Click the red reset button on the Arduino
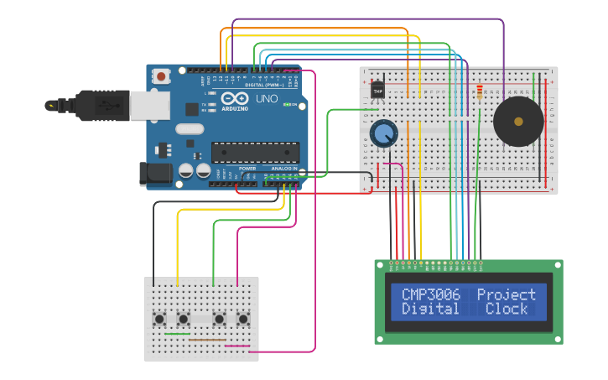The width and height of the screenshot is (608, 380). pyautogui.click(x=161, y=76)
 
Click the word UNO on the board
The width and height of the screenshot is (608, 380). pyautogui.click(x=266, y=99)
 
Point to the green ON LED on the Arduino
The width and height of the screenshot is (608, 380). pyautogui.click(x=288, y=105)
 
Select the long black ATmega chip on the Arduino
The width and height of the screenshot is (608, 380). pyautogui.click(x=255, y=153)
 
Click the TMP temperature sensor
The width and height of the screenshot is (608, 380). pyautogui.click(x=377, y=90)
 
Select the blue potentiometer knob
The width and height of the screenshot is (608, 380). pyautogui.click(x=383, y=133)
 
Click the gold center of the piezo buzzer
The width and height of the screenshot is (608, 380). pyautogui.click(x=518, y=122)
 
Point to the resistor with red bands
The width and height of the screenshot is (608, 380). pyautogui.click(x=479, y=91)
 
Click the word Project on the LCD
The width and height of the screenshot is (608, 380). pyautogui.click(x=506, y=294)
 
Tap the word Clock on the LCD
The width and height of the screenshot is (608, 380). pyautogui.click(x=507, y=309)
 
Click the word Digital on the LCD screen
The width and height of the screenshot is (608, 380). pyautogui.click(x=430, y=309)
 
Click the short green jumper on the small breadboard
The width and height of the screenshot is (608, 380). pyautogui.click(x=177, y=334)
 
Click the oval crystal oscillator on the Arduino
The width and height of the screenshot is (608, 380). pyautogui.click(x=190, y=129)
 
